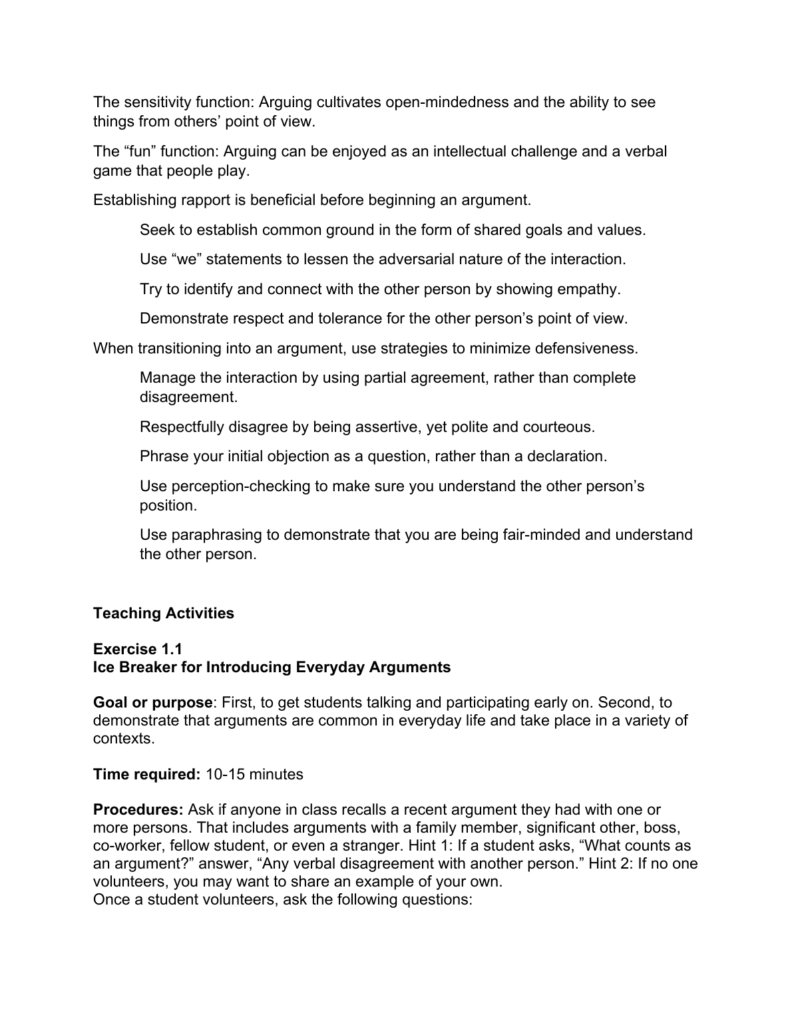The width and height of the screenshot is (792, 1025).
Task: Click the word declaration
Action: coord(566,457)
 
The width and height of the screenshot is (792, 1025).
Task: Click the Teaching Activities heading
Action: coord(164,613)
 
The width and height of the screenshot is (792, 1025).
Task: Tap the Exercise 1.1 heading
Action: coord(138,649)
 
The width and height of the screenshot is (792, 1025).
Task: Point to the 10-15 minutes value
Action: coord(254,775)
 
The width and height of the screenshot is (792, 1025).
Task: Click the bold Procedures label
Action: coord(138,810)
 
